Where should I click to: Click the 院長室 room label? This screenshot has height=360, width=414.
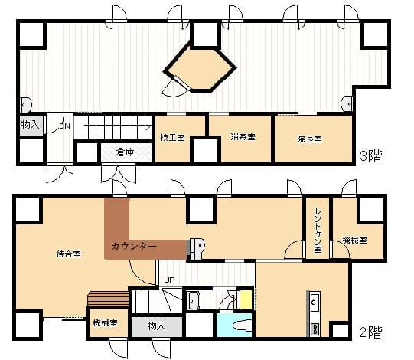coord(309,139)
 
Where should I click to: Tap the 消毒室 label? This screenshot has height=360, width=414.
coord(243,137)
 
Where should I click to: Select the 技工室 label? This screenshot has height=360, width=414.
coord(172,137)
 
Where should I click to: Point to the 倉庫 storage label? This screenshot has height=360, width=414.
coord(126,152)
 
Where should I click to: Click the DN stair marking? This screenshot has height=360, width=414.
coord(65,126)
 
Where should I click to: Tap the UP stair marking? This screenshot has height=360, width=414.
coord(169,280)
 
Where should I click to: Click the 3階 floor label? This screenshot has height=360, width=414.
coord(371,156)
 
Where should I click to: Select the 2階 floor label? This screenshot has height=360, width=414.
coord(371,332)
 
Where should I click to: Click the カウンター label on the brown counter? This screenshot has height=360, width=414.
coord(134,247)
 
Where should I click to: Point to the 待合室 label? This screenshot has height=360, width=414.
coord(68,254)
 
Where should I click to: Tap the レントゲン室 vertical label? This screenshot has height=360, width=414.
coord(318,230)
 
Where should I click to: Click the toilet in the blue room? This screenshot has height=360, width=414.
coord(243,325)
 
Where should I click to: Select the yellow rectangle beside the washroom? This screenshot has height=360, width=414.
coord(246,299)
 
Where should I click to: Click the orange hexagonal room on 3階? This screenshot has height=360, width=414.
coord(200,67)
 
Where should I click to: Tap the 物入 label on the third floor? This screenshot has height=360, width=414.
coord(30,124)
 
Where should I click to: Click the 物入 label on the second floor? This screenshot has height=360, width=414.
coord(157,326)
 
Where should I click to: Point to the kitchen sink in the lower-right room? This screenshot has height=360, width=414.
coord(315,301)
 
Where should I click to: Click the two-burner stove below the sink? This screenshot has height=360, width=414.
coord(315,329)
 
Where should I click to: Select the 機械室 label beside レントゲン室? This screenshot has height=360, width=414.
coord(354,241)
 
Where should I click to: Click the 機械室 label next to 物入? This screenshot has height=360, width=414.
coord(106,322)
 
